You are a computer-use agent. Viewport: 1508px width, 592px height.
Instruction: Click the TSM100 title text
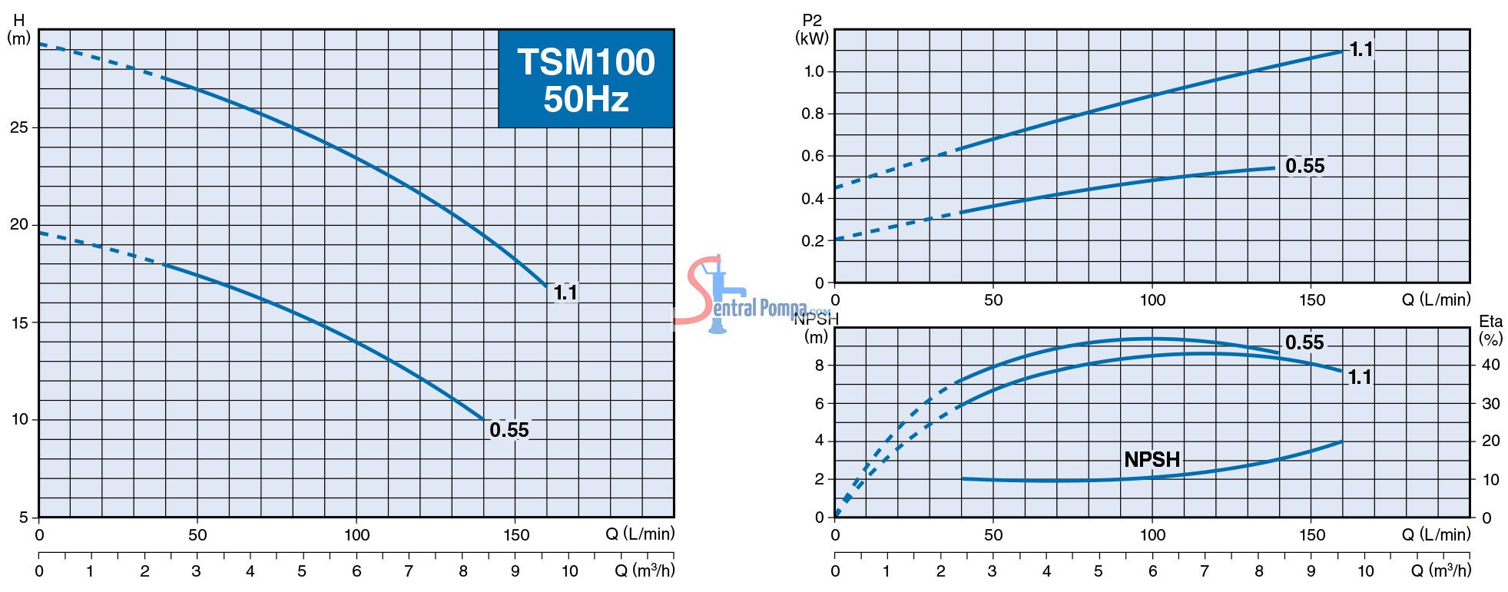click(586, 62)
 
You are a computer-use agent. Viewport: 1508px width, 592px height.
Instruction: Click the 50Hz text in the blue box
click(586, 100)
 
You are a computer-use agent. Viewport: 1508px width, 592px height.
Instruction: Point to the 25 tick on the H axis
click(19, 127)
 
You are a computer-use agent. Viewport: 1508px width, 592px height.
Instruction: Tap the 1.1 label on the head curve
click(565, 293)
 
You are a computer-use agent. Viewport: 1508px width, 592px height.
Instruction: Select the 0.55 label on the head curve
click(509, 430)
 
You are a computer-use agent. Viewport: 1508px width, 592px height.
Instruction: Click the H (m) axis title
click(18, 29)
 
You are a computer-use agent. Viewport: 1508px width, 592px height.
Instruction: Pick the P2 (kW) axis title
click(812, 29)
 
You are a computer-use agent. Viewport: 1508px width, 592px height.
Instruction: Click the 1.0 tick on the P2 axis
click(814, 71)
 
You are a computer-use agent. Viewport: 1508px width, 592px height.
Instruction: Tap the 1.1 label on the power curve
click(1361, 50)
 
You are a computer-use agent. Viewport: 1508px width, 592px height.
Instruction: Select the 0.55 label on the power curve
click(1305, 166)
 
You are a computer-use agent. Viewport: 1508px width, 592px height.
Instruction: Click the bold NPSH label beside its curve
click(1152, 459)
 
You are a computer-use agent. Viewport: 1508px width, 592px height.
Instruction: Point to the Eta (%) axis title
click(1490, 330)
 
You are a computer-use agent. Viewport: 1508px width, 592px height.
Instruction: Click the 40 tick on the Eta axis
click(1490, 365)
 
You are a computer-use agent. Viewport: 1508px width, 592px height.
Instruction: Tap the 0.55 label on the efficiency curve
click(1304, 342)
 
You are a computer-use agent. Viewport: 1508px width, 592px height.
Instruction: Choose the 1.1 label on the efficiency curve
click(1360, 377)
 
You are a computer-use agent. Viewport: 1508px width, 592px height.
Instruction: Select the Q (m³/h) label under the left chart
click(644, 571)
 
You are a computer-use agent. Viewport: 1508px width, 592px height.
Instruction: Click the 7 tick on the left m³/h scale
click(409, 571)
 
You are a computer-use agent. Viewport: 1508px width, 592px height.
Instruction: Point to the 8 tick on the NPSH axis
click(820, 365)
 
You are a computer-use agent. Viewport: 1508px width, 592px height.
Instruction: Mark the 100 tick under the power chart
click(1152, 299)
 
